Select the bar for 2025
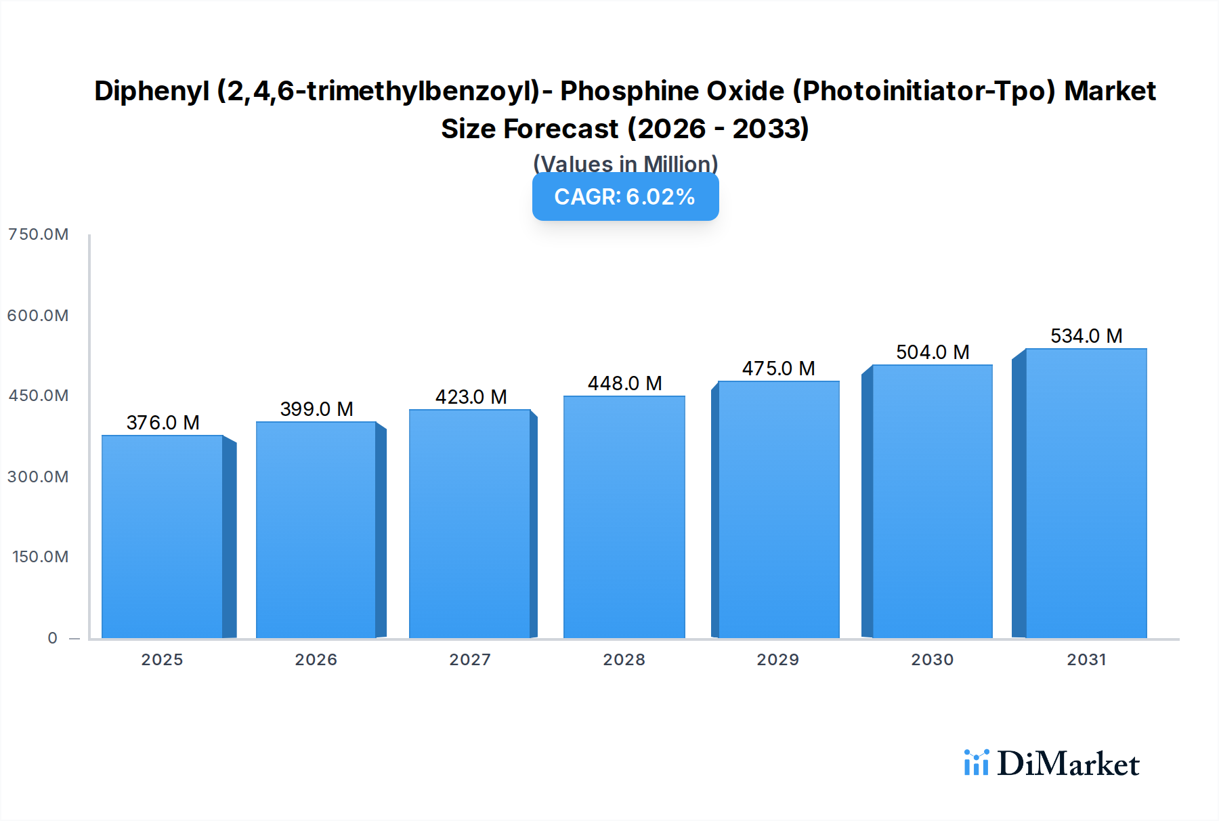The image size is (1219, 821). tap(163, 536)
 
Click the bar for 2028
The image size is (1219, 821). tap(624, 517)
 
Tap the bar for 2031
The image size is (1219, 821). tap(1086, 493)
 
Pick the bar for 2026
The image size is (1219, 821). tap(316, 530)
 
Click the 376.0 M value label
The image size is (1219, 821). tap(163, 423)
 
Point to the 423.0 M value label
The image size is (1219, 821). tap(471, 397)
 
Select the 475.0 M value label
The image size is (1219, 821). tap(778, 369)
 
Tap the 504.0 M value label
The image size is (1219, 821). tap(933, 352)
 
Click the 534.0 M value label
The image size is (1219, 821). tap(1086, 336)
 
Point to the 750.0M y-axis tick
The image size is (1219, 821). tap(38, 234)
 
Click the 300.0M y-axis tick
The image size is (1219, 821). tap(38, 477)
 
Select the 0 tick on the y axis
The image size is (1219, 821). tap(52, 638)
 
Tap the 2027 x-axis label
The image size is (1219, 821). tap(470, 660)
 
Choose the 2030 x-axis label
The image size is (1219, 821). tap(932, 660)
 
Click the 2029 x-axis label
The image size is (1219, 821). tap(777, 660)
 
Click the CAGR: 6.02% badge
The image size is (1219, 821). tap(625, 197)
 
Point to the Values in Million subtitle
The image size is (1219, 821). tap(625, 163)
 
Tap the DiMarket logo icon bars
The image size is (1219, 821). tap(976, 763)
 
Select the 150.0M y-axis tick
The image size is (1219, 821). tap(40, 557)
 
